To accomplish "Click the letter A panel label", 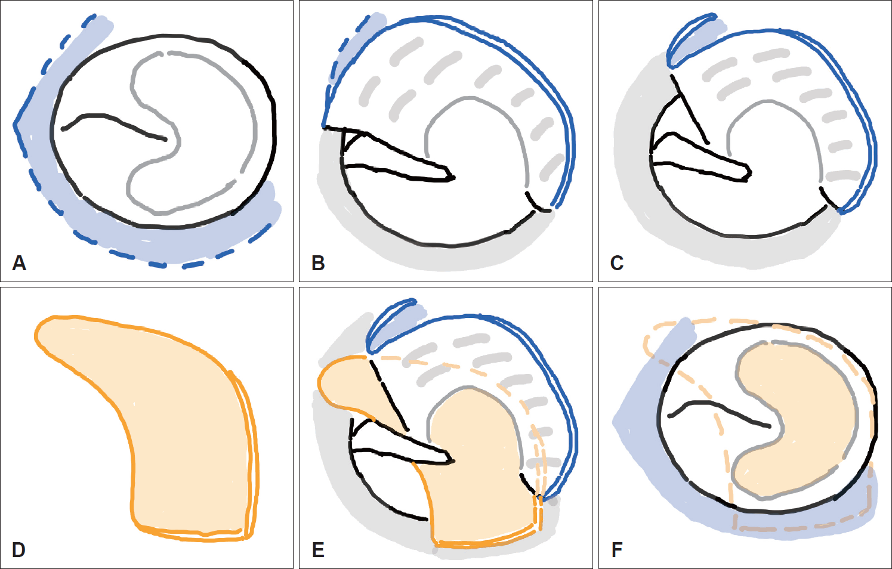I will pos(19,263).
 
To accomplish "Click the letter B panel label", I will pos(319,263).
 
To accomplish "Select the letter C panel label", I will pos(618,263).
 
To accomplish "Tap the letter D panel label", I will pos(19,549).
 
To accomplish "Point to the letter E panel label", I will pos(319,549).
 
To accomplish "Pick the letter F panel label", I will pos(618,549).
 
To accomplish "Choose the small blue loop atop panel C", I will pos(692,36).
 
